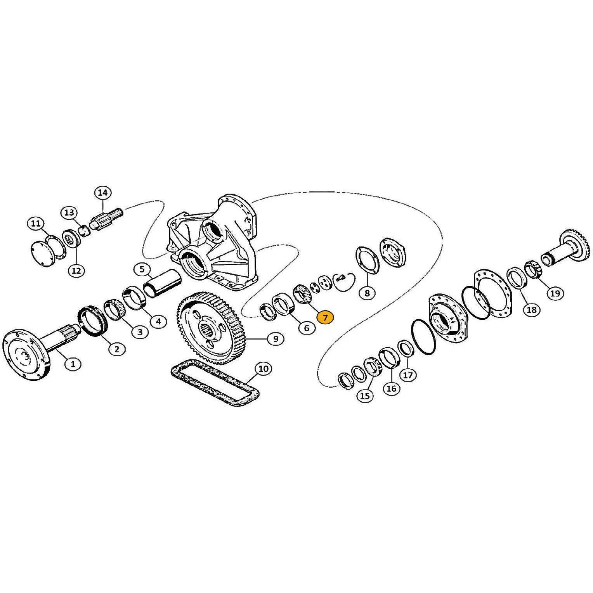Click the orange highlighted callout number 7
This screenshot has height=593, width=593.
click(325, 317)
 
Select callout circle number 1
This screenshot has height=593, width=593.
click(73, 364)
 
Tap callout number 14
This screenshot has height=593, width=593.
click(102, 192)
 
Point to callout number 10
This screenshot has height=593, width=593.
click(263, 369)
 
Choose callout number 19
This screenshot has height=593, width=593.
click(555, 293)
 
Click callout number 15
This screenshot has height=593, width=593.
click(365, 395)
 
